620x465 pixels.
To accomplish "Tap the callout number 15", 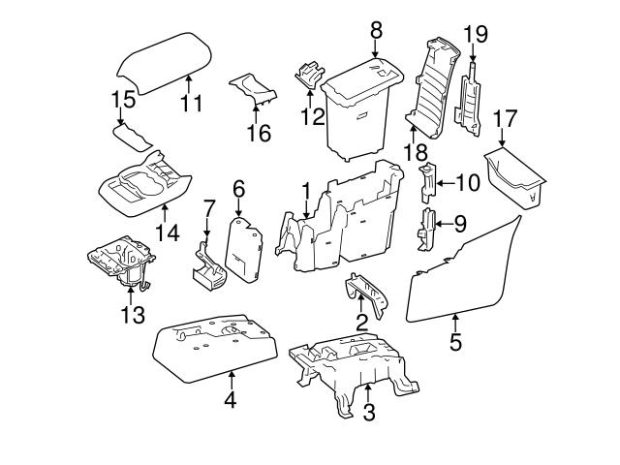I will [x=123, y=100].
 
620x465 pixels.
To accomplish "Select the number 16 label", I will [x=258, y=133].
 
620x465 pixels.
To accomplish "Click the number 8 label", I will [x=375, y=30].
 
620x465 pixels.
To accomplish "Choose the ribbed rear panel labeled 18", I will [x=431, y=87].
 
